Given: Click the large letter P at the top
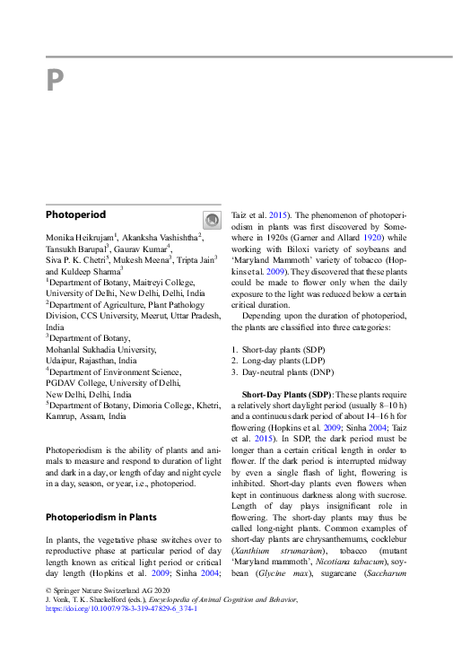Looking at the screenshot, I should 55,82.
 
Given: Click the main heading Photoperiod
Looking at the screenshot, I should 75,215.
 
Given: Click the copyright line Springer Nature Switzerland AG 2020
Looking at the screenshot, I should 108,590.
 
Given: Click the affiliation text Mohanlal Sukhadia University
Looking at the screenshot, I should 100,348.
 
